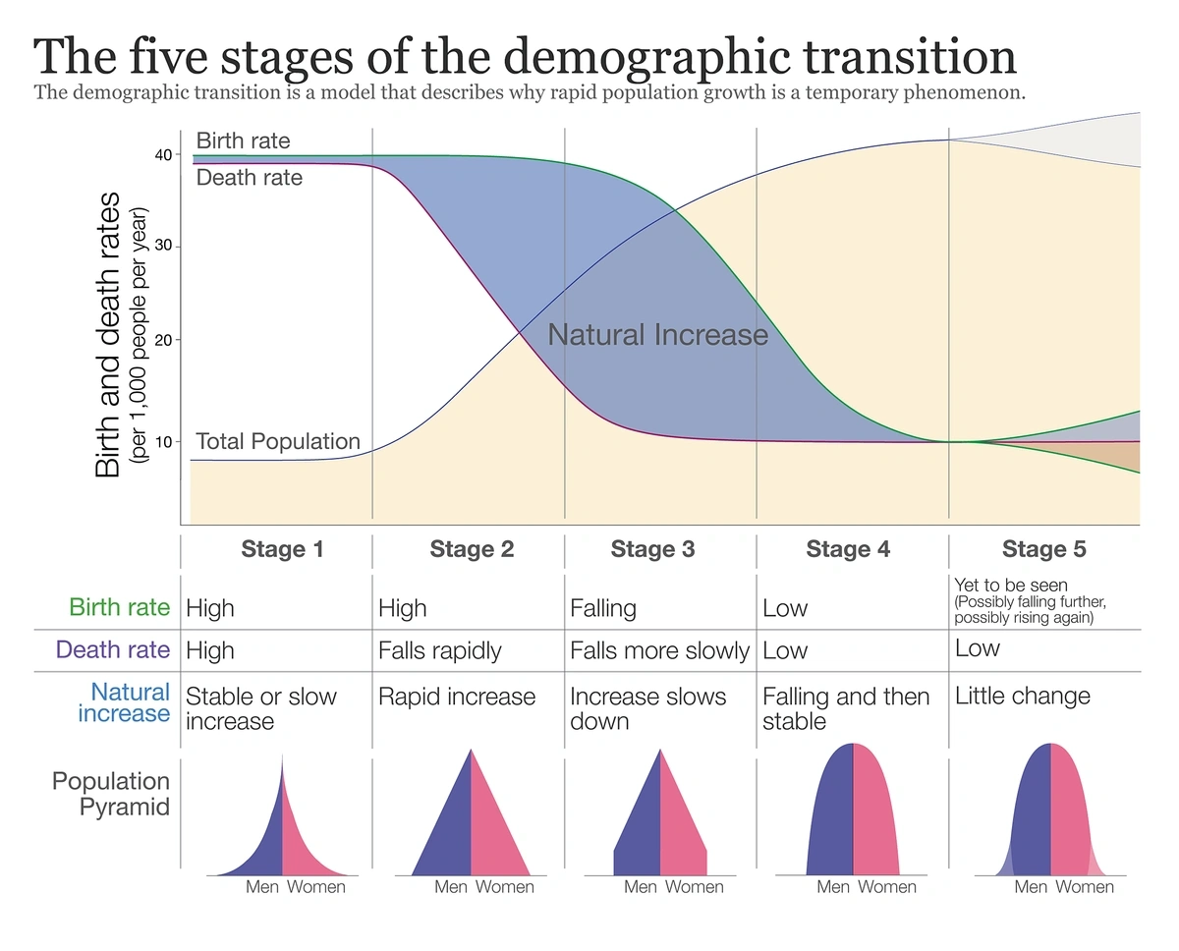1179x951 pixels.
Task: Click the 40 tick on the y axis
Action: pyautogui.click(x=162, y=155)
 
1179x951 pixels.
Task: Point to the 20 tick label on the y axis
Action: pyautogui.click(x=162, y=340)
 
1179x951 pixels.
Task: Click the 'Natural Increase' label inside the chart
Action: pyautogui.click(x=657, y=335)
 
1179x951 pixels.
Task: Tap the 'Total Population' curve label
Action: pyautogui.click(x=278, y=442)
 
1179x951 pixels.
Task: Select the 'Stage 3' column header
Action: pyautogui.click(x=652, y=549)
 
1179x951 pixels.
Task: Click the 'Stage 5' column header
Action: pyautogui.click(x=1043, y=549)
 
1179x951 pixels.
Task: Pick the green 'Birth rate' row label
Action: pyautogui.click(x=119, y=607)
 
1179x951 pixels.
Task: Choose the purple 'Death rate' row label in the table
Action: pyautogui.click(x=113, y=649)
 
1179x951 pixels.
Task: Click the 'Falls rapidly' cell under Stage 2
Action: pyautogui.click(x=439, y=650)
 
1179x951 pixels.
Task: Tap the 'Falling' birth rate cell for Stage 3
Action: pyautogui.click(x=603, y=608)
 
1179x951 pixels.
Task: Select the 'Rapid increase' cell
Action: pyautogui.click(x=457, y=697)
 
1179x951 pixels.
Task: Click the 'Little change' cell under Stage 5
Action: pyautogui.click(x=1022, y=696)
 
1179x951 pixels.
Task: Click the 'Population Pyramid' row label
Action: pyautogui.click(x=110, y=794)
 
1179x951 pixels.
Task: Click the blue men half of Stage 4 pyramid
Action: pyautogui.click(x=831, y=815)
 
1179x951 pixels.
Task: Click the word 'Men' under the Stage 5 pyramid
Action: pyautogui.click(x=1031, y=887)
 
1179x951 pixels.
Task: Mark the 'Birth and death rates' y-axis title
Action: pyautogui.click(x=108, y=334)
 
